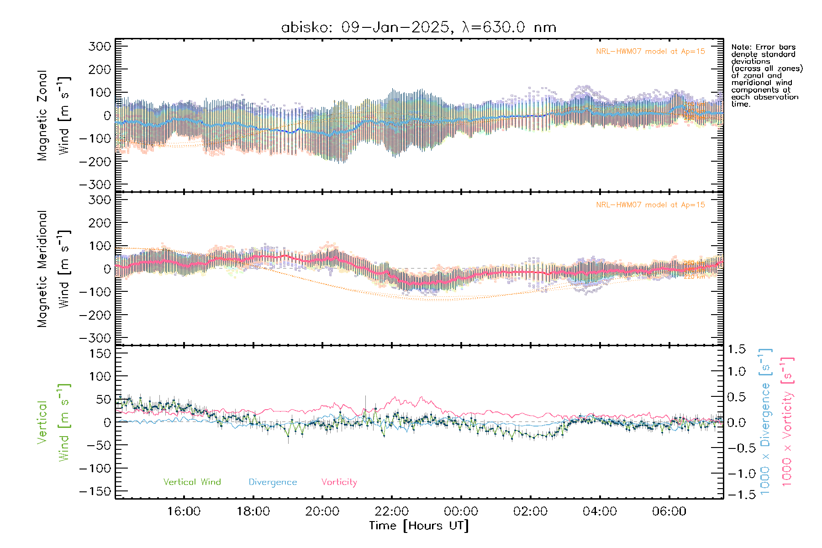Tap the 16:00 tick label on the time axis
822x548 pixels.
(184, 511)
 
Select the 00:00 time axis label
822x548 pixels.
(461, 511)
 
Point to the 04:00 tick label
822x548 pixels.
(600, 511)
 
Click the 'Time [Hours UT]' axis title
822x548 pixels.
(419, 526)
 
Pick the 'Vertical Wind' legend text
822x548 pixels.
(192, 482)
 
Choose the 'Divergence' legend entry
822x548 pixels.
(273, 482)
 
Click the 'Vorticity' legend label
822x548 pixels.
(339, 482)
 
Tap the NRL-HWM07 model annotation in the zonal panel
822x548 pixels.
(650, 51)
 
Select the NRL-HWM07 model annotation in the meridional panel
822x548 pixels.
(650, 205)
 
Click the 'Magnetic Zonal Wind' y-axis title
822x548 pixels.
(53, 116)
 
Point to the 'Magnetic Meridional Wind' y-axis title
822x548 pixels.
(53, 269)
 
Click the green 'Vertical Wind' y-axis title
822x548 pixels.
(53, 422)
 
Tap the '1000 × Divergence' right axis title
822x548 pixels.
(765, 422)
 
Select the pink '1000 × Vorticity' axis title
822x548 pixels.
(787, 422)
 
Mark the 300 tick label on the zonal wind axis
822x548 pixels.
(100, 46)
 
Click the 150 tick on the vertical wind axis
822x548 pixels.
(100, 353)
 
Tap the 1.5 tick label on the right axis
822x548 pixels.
(736, 349)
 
